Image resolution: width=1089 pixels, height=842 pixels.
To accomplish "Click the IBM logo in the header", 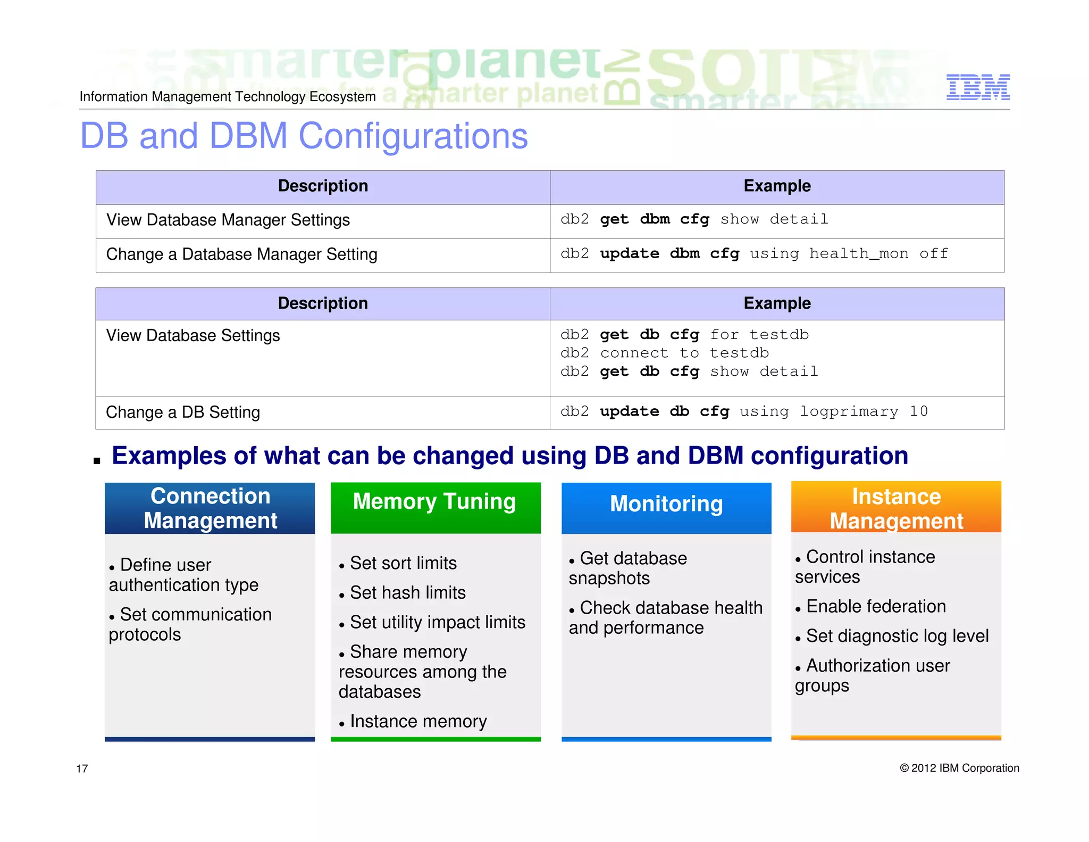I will click(x=977, y=87).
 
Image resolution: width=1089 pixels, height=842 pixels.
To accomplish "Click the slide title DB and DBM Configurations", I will click(x=304, y=136).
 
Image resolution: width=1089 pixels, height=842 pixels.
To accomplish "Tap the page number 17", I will click(x=82, y=769).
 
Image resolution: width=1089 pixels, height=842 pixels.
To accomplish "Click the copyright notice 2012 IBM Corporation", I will click(x=959, y=768).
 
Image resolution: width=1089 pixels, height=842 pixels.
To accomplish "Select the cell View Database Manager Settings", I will click(x=228, y=220).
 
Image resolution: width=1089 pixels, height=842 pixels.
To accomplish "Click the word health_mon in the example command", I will click(x=858, y=254).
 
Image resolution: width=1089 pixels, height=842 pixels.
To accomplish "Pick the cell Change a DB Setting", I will click(x=183, y=412).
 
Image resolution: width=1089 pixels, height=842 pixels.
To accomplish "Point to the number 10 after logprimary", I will click(x=918, y=411).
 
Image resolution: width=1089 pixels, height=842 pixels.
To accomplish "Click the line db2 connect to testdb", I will click(x=664, y=353).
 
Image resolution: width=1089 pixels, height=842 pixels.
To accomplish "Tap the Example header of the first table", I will click(x=777, y=186).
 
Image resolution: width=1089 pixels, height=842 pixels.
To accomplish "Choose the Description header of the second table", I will click(x=323, y=303).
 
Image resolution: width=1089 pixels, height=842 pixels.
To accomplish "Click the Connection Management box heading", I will click(x=210, y=508).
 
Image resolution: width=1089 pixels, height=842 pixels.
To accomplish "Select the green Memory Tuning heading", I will click(x=435, y=501).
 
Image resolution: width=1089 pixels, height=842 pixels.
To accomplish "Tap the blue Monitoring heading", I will click(x=666, y=503).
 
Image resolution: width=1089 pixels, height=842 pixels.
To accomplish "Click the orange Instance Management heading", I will click(x=897, y=508).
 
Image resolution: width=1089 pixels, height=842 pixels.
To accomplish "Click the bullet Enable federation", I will click(x=876, y=606).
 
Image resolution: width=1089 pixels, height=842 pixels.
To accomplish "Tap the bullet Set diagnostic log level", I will click(x=897, y=636).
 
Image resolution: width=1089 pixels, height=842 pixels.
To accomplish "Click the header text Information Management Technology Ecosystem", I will click(x=228, y=96).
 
